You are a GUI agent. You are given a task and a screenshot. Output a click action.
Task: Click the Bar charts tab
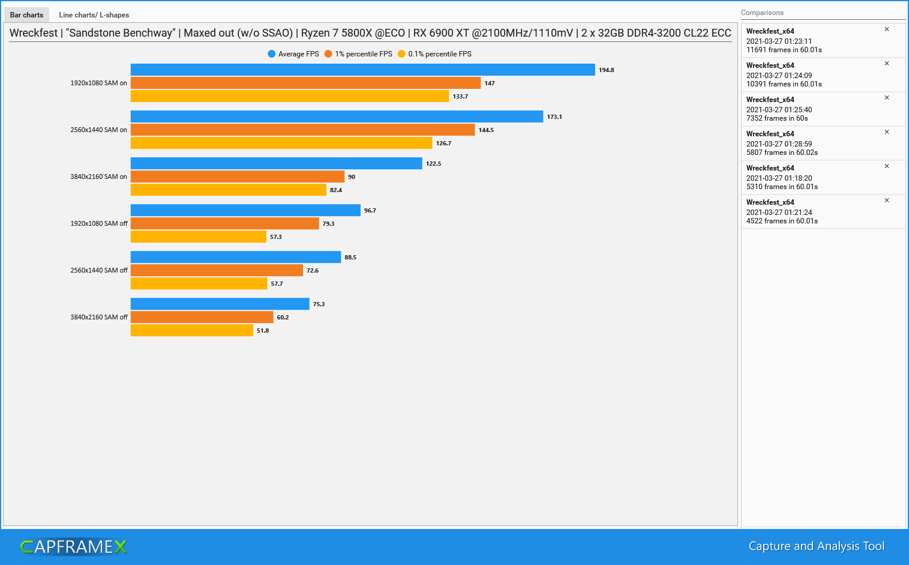pyautogui.click(x=26, y=15)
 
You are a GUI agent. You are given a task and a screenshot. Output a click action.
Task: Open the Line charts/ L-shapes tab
pyautogui.click(x=94, y=15)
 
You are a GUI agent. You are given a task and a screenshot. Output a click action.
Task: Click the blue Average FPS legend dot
pyautogui.click(x=272, y=54)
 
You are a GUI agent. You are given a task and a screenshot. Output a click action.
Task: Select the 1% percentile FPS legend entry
pyautogui.click(x=358, y=54)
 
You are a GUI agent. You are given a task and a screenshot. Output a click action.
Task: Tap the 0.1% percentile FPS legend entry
pyautogui.click(x=434, y=54)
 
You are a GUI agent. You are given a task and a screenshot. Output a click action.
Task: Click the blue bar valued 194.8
pyautogui.click(x=362, y=70)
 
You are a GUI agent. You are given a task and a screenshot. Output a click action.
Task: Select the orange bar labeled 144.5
pyautogui.click(x=302, y=130)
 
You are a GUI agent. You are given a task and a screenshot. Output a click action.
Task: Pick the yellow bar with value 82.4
pyautogui.click(x=228, y=190)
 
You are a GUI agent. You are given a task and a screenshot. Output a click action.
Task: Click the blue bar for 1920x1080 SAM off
pyautogui.click(x=245, y=210)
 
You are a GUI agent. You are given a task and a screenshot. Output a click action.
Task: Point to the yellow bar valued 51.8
pyautogui.click(x=191, y=330)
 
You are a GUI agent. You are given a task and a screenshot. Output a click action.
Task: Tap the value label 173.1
pyautogui.click(x=554, y=117)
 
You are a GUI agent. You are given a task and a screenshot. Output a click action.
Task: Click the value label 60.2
pyautogui.click(x=283, y=318)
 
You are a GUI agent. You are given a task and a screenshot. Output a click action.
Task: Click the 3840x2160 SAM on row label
pyautogui.click(x=98, y=177)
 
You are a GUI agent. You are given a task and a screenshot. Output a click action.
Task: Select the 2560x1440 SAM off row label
pyautogui.click(x=98, y=270)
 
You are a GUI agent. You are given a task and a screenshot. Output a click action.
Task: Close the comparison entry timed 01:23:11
pyautogui.click(x=887, y=29)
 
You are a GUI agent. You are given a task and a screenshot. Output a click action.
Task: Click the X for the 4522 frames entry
pyautogui.click(x=887, y=201)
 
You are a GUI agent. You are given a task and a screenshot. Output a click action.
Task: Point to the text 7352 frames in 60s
pyautogui.click(x=777, y=118)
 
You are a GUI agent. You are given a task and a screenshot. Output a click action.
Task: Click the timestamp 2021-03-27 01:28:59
pyautogui.click(x=779, y=144)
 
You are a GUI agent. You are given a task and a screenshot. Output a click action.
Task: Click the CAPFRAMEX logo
pyautogui.click(x=74, y=546)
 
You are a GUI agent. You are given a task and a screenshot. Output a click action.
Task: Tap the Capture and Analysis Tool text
pyautogui.click(x=816, y=546)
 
